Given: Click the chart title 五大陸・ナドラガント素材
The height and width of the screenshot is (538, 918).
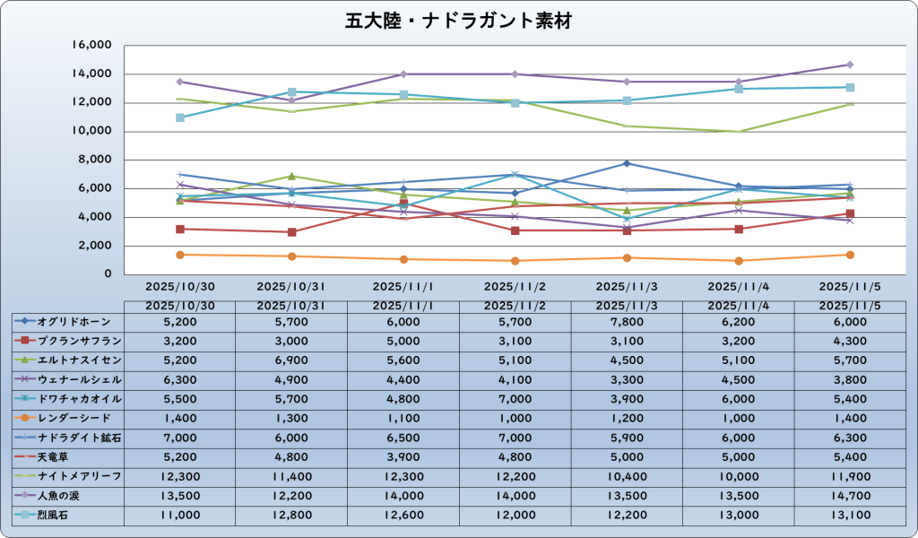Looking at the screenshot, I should [x=458, y=20].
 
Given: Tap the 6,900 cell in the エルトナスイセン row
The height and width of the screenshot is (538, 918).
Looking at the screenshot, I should [x=290, y=360].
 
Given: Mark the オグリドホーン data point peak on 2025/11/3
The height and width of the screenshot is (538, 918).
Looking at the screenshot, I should [x=628, y=163].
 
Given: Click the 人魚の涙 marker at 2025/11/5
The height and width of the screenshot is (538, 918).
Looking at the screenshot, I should [x=850, y=65].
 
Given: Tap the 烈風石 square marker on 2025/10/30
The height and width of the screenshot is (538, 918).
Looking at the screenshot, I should [x=180, y=117].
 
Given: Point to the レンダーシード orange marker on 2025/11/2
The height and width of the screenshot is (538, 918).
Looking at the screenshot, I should [x=515, y=261].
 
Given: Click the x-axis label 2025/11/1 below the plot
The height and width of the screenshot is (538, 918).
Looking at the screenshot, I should [x=403, y=288].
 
